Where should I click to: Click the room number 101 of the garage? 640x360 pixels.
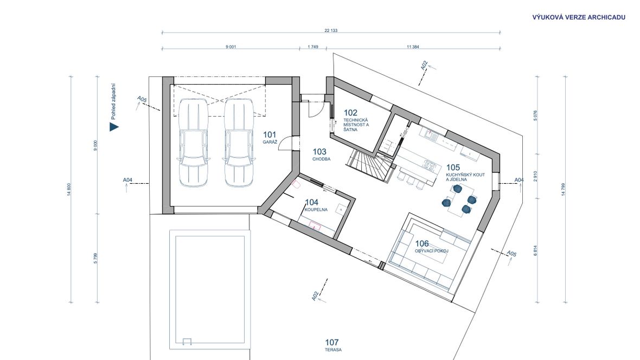point(270,134)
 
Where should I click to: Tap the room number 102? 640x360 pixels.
point(350,113)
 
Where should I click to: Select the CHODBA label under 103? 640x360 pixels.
point(321,159)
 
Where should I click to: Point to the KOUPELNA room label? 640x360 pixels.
point(316,210)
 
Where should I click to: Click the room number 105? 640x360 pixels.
point(453,168)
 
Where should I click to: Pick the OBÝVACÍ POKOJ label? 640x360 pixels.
point(431,251)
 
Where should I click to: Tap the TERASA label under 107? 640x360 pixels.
point(333,350)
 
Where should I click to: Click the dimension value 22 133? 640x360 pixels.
point(331,30)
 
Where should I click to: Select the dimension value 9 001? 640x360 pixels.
point(231,47)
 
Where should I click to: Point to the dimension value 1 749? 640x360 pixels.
point(312,47)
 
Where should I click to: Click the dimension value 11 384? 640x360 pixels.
point(413,47)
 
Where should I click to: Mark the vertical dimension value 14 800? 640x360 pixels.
point(69,189)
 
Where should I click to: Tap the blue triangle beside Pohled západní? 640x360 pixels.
point(113,127)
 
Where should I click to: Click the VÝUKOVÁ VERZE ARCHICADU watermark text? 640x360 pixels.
point(579,17)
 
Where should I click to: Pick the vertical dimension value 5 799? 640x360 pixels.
point(95,258)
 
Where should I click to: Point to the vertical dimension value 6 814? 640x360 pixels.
point(535,250)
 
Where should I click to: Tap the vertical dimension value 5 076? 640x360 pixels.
point(535,115)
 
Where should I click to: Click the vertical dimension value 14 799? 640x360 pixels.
point(564,189)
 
